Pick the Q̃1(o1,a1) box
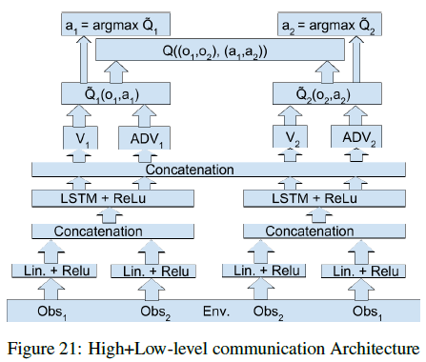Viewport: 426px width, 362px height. [99, 93]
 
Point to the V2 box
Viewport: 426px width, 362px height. [297, 140]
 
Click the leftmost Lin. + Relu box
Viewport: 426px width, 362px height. [53, 271]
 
